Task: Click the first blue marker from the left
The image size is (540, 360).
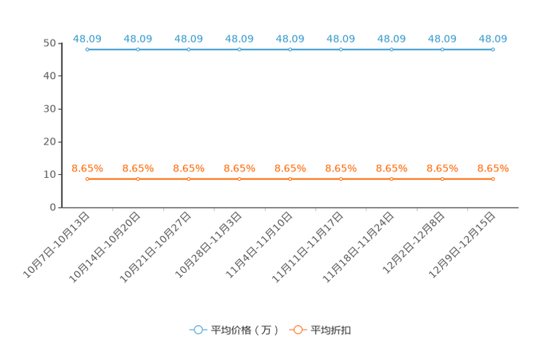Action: (87, 50)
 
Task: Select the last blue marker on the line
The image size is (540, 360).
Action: (493, 50)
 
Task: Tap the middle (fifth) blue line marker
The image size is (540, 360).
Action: (290, 50)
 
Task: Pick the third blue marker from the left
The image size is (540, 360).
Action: (189, 50)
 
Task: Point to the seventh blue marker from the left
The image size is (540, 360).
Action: (391, 50)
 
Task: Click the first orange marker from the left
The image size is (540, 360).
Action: (87, 179)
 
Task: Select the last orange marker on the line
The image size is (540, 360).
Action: (493, 179)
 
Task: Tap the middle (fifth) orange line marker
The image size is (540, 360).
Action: (290, 179)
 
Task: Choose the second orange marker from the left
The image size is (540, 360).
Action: (138, 179)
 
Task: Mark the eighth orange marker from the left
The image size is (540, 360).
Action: (442, 179)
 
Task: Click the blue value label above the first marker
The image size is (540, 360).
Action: (87, 38)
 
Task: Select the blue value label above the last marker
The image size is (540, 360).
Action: (493, 38)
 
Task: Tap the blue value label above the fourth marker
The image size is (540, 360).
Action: (240, 38)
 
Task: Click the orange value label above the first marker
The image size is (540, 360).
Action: (87, 168)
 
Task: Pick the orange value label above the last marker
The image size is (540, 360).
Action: (493, 168)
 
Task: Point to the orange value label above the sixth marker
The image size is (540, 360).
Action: (340, 168)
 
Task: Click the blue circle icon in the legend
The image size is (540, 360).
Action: (197, 330)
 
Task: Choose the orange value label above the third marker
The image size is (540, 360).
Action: (189, 168)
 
